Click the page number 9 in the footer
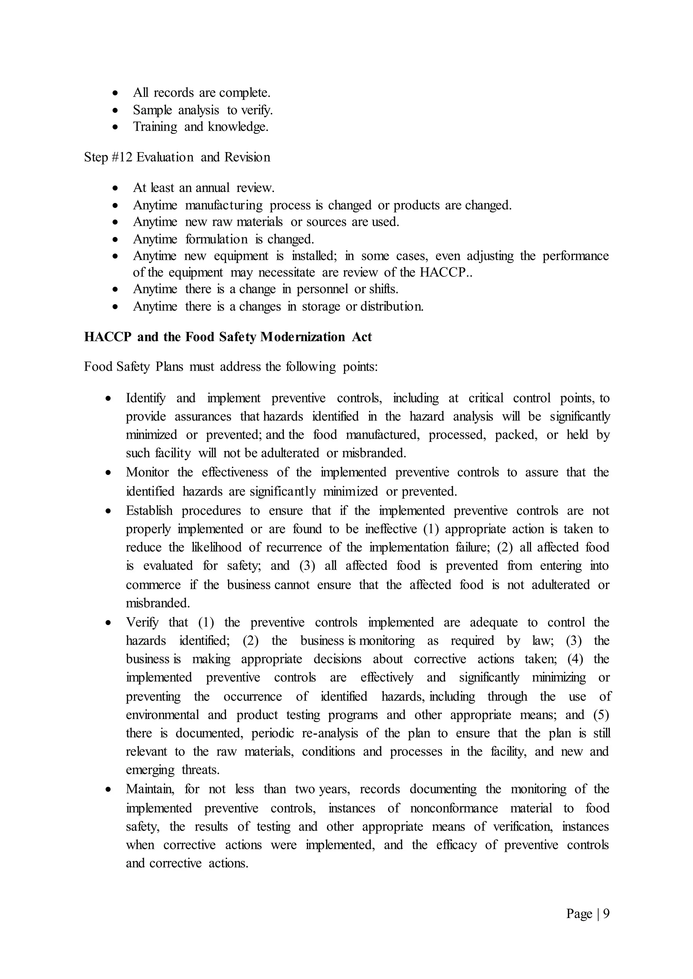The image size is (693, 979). [606, 913]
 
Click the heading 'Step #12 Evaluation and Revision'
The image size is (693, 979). [177, 157]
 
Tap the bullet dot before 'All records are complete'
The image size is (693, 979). [115, 93]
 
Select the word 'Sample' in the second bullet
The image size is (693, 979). [152, 110]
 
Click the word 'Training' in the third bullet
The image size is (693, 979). [155, 127]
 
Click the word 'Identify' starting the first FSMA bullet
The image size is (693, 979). [146, 398]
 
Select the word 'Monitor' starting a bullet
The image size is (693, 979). [147, 473]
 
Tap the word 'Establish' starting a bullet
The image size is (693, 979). [149, 511]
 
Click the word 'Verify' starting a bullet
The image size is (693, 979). [142, 623]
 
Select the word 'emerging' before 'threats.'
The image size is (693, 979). [150, 770]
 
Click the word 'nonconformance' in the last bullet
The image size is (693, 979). [454, 808]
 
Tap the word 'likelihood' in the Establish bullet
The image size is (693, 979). [217, 548]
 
